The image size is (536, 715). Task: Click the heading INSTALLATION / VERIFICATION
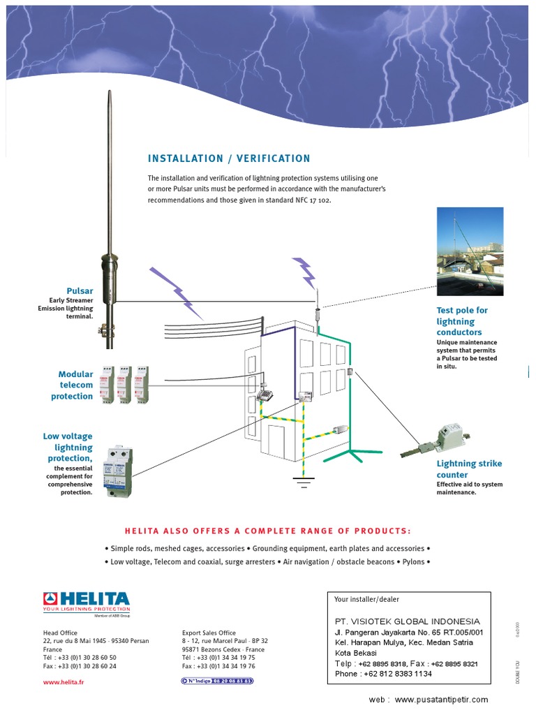tap(229, 159)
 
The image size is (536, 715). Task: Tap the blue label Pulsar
tap(80, 290)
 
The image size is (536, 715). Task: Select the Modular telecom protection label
tap(75, 385)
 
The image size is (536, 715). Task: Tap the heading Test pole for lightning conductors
tap(462, 321)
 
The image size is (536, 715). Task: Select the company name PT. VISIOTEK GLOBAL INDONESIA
tap(407, 621)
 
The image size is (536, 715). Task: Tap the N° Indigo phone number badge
tap(217, 681)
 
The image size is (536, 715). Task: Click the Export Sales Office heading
tap(209, 633)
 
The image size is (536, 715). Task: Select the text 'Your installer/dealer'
tap(366, 599)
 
